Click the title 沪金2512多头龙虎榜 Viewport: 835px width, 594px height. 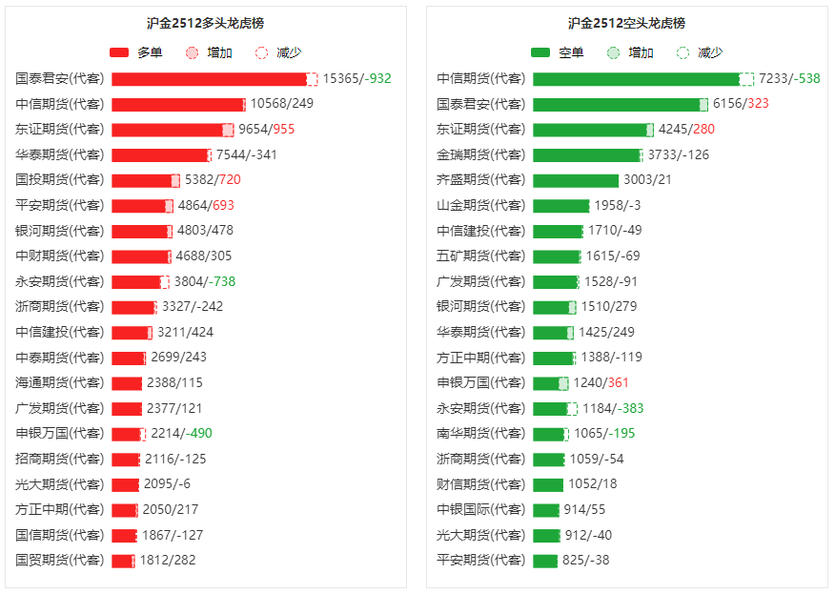coord(205,23)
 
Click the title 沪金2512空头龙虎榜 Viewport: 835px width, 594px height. coord(626,23)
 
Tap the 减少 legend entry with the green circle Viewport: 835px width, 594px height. coord(699,52)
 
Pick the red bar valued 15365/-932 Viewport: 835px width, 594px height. coord(210,79)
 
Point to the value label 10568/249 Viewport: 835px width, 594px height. coord(281,104)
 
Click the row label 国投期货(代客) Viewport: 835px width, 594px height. coord(59,179)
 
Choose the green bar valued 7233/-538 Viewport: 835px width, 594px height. coord(637,79)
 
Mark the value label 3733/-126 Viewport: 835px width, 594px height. coord(679,154)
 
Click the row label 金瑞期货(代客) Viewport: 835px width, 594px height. coord(480,154)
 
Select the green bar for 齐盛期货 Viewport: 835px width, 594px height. coord(576,180)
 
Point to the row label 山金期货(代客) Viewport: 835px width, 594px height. coord(480,205)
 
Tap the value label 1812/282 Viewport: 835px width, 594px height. coord(168,561)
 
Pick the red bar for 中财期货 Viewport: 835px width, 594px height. coord(140,256)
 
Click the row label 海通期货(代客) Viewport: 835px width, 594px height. coord(59,382)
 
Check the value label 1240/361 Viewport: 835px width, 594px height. coord(601,382)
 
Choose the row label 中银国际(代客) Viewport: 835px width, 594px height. coord(480,509)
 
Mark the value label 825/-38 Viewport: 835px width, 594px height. coord(585,561)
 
